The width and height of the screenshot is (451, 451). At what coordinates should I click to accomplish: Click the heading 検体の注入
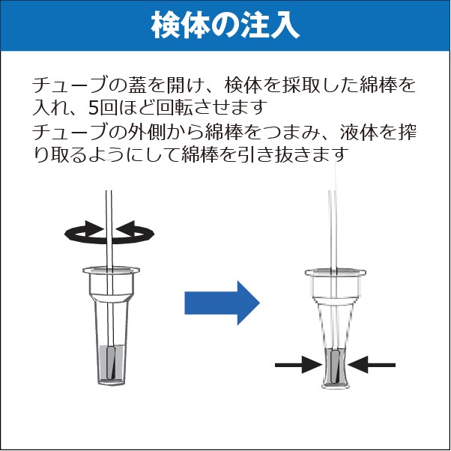pyautogui.click(x=225, y=26)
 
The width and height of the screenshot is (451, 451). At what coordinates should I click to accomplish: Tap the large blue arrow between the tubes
pyautogui.click(x=222, y=303)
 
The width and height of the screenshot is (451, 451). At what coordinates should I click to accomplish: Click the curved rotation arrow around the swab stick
pyautogui.click(x=109, y=232)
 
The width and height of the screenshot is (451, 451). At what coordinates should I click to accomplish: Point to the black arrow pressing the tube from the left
pyautogui.click(x=299, y=365)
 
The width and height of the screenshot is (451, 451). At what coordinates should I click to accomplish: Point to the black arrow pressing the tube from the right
pyautogui.click(x=372, y=365)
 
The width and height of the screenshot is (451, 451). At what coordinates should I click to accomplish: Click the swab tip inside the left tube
pyautogui.click(x=111, y=363)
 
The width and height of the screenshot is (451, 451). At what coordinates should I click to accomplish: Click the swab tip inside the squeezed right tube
pyautogui.click(x=335, y=366)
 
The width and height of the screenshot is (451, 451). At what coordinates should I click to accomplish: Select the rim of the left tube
pyautogui.click(x=111, y=270)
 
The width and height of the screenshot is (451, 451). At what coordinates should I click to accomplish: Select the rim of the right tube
pyautogui.click(x=336, y=272)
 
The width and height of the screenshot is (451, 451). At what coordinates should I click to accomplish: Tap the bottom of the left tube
pyautogui.click(x=111, y=382)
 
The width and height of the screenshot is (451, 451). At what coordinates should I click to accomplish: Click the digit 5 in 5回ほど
pyautogui.click(x=94, y=109)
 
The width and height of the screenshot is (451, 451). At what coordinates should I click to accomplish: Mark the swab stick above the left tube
pyautogui.click(x=109, y=228)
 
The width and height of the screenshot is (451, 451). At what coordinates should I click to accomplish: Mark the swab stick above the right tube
pyautogui.click(x=333, y=229)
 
